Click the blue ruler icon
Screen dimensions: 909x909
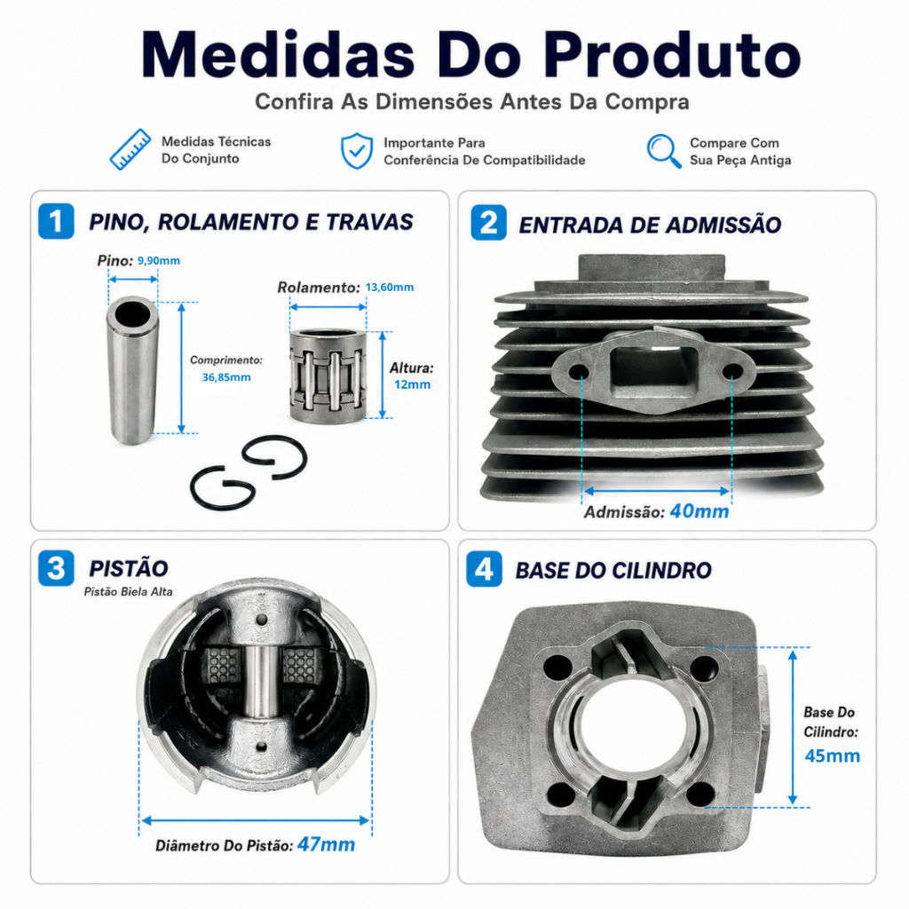point(130,149)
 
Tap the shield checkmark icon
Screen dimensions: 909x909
point(357,151)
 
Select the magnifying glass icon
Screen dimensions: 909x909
point(664,151)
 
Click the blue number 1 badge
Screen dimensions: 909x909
point(56,221)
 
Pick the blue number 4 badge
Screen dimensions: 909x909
point(484,569)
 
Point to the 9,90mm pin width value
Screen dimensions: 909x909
point(158,261)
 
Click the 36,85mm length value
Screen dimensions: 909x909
point(226,377)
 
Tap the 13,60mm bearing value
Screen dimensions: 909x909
point(390,287)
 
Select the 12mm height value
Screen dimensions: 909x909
point(412,384)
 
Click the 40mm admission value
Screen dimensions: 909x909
point(700,511)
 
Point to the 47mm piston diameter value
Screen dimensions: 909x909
point(326,845)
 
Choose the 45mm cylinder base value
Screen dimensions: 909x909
point(833,756)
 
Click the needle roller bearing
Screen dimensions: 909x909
point(328,375)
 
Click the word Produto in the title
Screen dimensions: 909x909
point(672,56)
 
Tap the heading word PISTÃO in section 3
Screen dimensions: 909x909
point(129,569)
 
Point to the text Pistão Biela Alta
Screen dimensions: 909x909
point(128,592)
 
